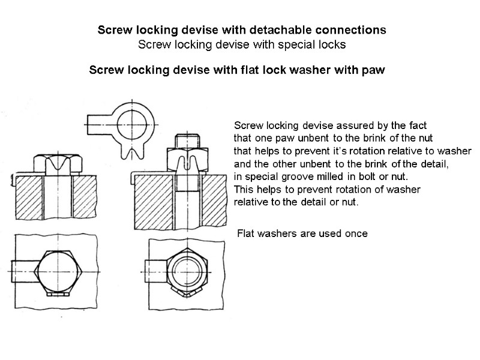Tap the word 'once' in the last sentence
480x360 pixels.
(355, 233)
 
